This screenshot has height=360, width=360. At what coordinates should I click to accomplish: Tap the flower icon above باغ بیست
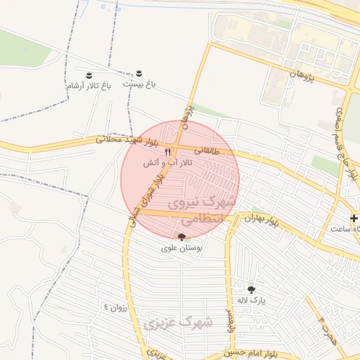(x=139, y=73)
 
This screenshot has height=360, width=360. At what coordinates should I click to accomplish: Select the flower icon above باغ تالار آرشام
(x=89, y=75)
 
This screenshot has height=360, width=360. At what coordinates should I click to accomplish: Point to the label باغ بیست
(x=139, y=84)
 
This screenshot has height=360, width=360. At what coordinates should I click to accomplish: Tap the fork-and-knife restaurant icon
(x=167, y=151)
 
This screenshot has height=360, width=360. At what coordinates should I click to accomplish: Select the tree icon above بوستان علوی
(x=182, y=237)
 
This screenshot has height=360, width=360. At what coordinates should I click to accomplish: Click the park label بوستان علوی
(x=182, y=247)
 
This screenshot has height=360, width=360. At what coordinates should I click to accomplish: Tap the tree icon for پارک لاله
(x=252, y=289)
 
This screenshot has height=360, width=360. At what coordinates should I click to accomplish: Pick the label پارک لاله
(x=252, y=300)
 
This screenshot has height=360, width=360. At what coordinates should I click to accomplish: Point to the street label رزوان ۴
(x=115, y=307)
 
